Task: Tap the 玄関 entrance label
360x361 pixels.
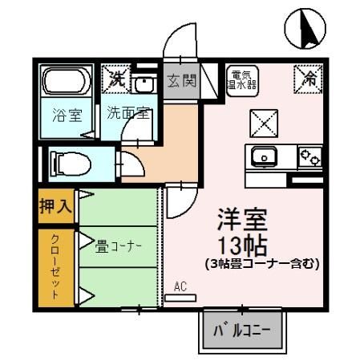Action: [181, 81]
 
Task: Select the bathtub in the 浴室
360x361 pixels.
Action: [67, 83]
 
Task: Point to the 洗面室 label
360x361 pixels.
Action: [127, 113]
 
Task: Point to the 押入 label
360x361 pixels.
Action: [56, 206]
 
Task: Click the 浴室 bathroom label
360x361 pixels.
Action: [67, 114]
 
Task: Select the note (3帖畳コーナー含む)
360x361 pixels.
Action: [261, 263]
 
